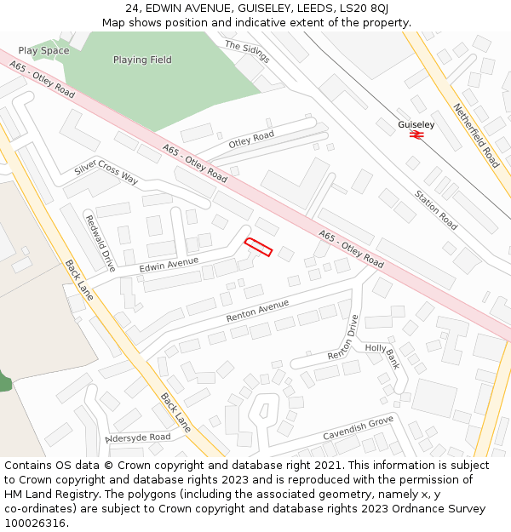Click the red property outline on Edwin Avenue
point(258,247)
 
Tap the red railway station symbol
point(416,134)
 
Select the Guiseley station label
point(416,124)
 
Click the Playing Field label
point(142,60)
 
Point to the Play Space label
point(43,51)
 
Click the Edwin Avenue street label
point(169,266)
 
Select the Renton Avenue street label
point(257,311)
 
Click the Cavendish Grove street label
point(358,428)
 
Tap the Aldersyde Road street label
point(138,437)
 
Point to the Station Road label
point(436,210)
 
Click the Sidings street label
point(247,51)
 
